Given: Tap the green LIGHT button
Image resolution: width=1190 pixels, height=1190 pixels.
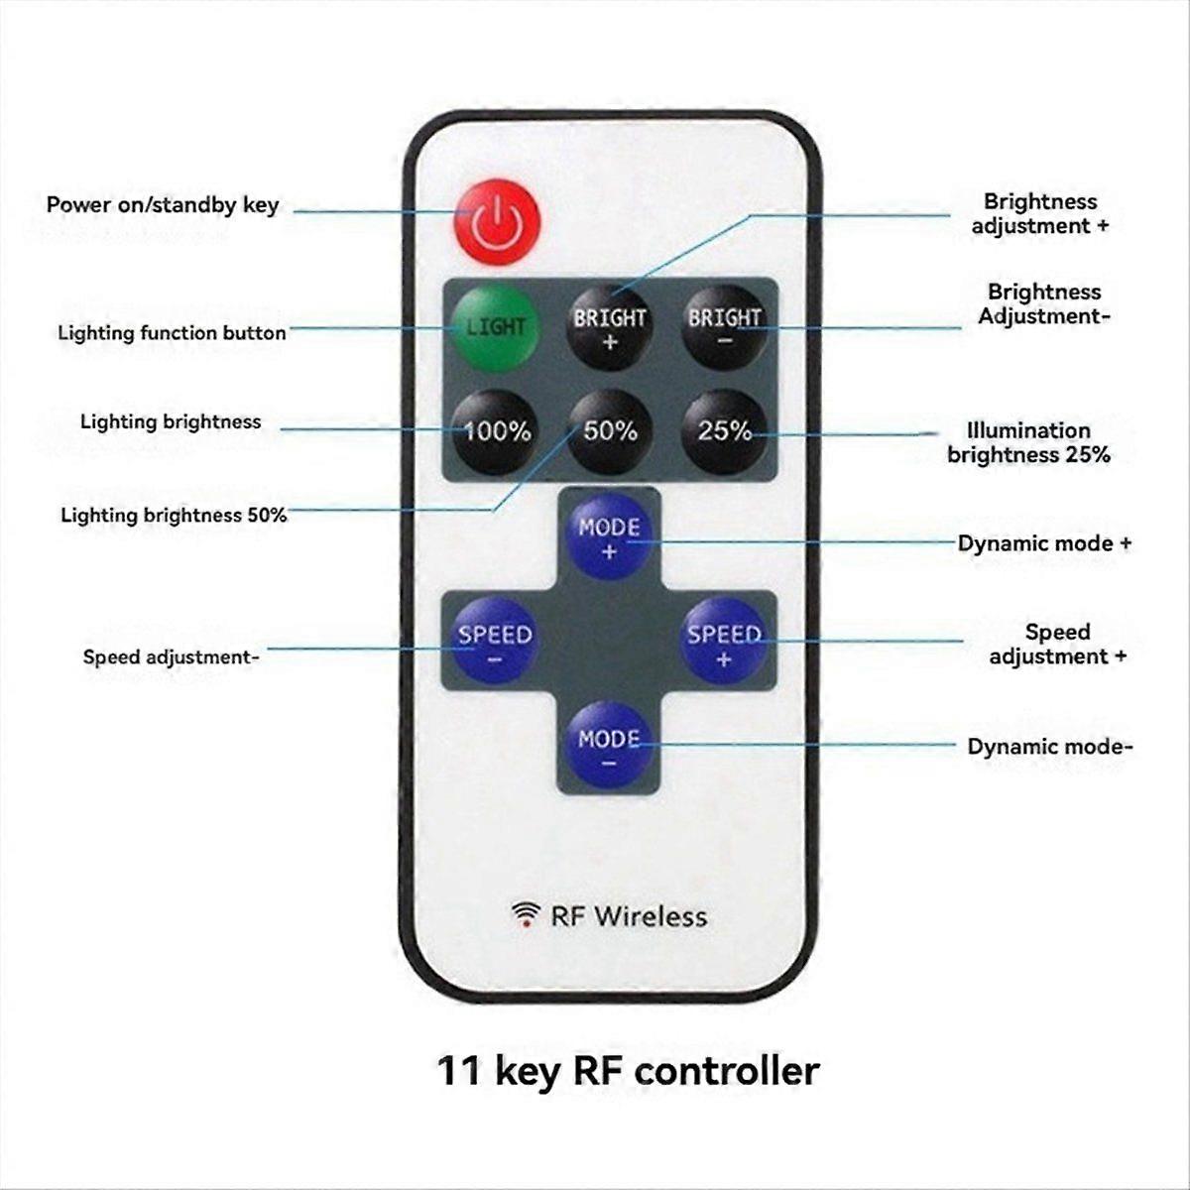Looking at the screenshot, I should (x=495, y=326).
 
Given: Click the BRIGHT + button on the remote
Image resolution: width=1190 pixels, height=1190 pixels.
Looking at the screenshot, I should (x=609, y=327).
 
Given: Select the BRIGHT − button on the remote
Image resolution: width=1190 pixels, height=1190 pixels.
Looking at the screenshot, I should (x=724, y=327).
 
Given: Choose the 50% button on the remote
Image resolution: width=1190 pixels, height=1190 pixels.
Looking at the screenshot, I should (x=610, y=431).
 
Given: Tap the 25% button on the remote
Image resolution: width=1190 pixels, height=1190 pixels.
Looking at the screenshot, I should (x=724, y=431).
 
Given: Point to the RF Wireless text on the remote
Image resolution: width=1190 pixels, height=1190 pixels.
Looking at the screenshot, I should (x=629, y=915).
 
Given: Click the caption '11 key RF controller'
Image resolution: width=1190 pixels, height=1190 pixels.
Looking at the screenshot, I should (x=629, y=1071).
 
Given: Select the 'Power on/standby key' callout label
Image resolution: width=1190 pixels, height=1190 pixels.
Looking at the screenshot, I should (x=163, y=205).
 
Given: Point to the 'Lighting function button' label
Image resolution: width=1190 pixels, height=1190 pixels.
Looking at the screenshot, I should (x=172, y=332).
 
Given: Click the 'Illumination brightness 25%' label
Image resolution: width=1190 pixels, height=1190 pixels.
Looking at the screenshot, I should (x=1028, y=442).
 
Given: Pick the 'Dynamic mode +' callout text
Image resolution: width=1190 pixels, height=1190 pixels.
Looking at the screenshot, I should (x=1044, y=543).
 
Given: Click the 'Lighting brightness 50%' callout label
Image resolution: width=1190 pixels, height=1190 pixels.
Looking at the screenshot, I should (x=174, y=515).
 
